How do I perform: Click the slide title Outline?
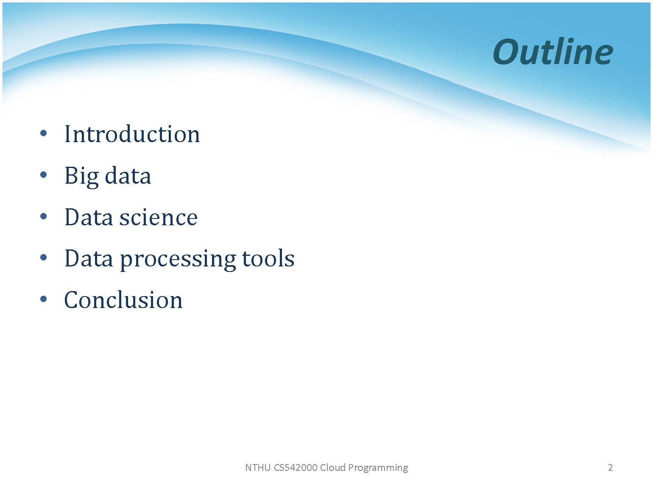553,52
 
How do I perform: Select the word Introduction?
132,134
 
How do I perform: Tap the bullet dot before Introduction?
43,134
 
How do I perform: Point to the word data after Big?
128,175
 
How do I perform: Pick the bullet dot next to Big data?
43,175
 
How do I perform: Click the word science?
159,217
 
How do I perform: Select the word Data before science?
89,217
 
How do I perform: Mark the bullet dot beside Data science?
43,216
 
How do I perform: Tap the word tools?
268,258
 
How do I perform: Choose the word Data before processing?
89,258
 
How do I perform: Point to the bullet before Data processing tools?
43,258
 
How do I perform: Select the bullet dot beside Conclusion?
43,299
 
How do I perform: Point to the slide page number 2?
610,468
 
